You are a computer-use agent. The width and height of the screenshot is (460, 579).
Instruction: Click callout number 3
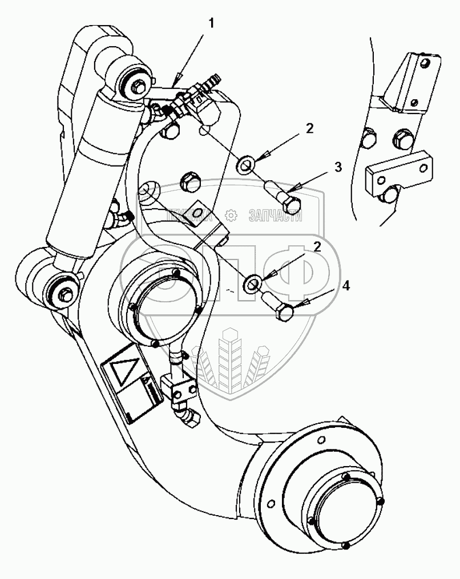coord(338,167)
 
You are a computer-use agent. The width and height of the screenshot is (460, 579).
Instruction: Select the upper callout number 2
coord(309,128)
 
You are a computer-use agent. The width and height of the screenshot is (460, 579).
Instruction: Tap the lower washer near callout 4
coord(253,282)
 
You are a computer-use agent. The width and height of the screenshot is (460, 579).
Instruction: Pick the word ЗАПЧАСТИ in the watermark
coord(275,215)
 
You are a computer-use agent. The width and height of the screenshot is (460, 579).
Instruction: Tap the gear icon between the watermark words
coord(231,215)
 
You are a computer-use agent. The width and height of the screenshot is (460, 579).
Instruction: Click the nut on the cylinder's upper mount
coord(138,86)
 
